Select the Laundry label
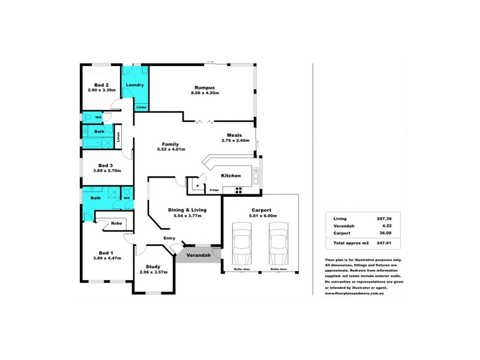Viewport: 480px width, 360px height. [135, 85]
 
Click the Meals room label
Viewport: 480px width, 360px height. [235, 135]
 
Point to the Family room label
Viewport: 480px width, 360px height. [172, 145]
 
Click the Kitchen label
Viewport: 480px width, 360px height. [231, 176]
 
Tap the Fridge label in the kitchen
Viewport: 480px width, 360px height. [214, 190]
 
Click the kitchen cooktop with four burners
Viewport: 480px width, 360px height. [238, 191]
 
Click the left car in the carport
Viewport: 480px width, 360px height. [244, 244]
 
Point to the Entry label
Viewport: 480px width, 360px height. [170, 238]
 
